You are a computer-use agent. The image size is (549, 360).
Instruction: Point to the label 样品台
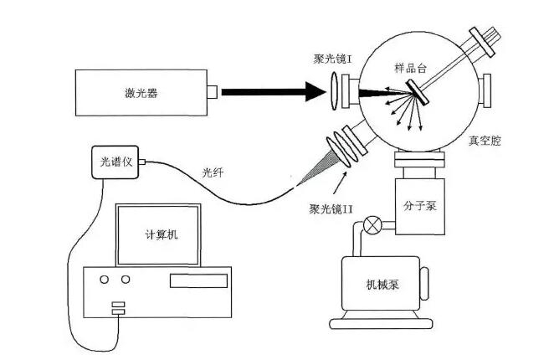coord(411,66)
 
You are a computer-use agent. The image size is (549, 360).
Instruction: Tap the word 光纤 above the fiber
coord(213,172)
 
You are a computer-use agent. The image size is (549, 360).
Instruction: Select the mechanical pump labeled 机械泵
coord(382,284)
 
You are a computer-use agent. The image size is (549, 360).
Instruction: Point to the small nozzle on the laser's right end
coord(214,90)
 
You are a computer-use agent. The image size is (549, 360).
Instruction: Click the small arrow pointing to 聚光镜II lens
coord(344,177)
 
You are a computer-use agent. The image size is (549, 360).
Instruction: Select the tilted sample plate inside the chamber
coord(418,91)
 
